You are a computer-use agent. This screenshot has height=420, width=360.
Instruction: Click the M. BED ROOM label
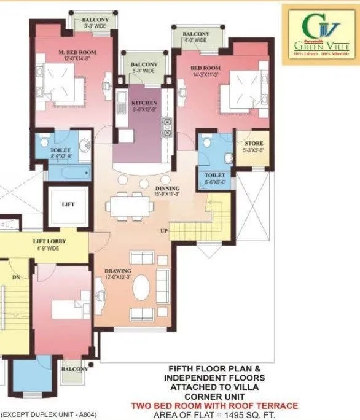pyautogui.click(x=74, y=53)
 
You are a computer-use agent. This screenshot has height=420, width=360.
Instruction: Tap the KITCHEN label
pyautogui.click(x=144, y=103)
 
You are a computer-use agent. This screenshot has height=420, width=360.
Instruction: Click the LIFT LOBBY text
pyautogui.click(x=50, y=242)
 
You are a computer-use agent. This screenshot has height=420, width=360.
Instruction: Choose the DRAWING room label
pyautogui.click(x=117, y=271)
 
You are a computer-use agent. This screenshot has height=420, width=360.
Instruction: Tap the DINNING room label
pyautogui.click(x=167, y=189)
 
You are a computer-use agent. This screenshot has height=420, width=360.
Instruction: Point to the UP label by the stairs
pyautogui.click(x=164, y=231)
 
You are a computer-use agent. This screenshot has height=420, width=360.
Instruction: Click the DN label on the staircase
pyautogui.click(x=16, y=278)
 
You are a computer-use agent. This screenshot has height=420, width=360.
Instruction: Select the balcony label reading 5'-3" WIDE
pyautogui.click(x=144, y=68)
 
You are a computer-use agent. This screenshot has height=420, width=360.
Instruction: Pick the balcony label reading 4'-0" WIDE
pyautogui.click(x=195, y=37)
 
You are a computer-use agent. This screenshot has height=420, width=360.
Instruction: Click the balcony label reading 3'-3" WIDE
pyautogui.click(x=95, y=23)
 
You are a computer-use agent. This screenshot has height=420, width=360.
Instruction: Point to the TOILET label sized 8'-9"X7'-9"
pyautogui.click(x=61, y=153)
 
